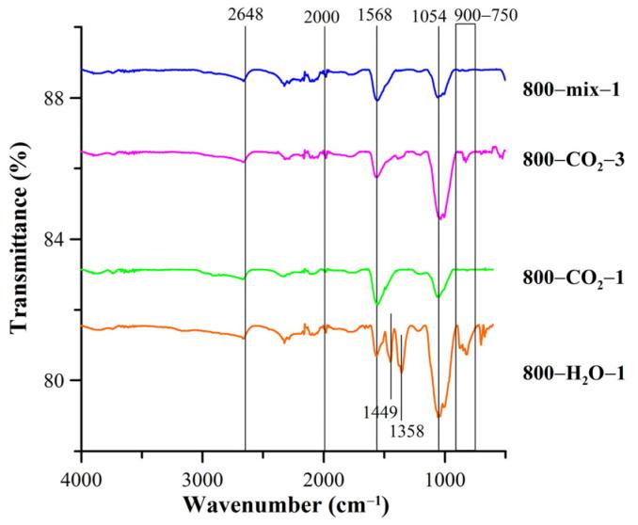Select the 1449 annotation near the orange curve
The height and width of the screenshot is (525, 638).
379,410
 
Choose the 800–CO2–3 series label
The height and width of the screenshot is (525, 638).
571,157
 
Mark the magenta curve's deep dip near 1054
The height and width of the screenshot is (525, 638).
440,216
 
